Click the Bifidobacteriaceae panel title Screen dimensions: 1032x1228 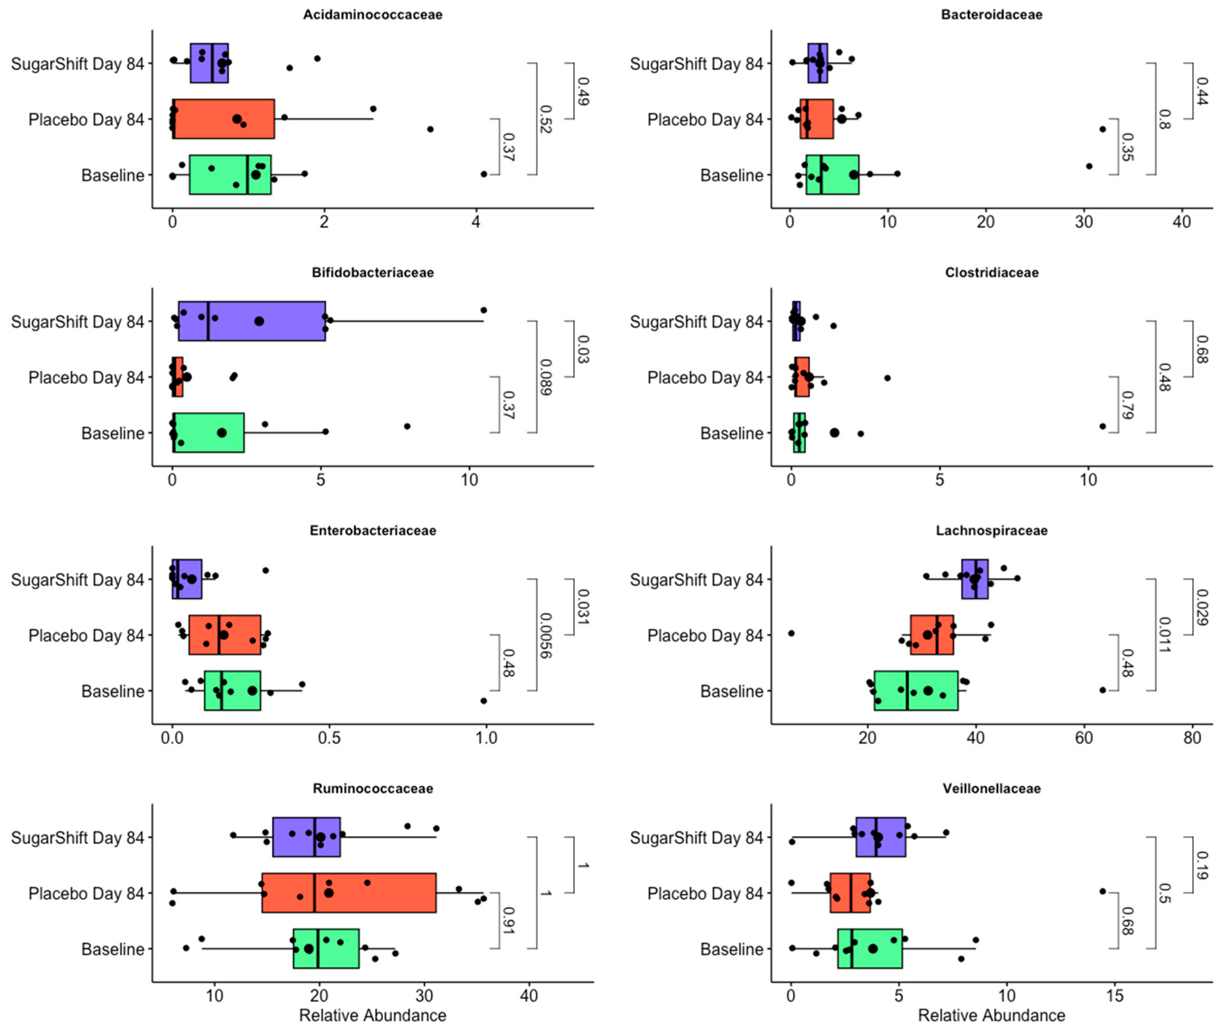(372, 273)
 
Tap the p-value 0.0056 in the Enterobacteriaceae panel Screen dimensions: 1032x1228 (545, 635)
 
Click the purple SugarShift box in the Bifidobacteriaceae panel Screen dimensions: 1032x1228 (251, 321)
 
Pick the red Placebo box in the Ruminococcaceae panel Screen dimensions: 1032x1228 (348, 893)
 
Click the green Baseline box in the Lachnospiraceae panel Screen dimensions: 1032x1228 (916, 691)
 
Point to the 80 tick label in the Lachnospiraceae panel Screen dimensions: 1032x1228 (1192, 738)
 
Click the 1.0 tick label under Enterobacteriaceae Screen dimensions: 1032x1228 (485, 738)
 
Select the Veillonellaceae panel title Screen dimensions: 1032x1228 (991, 789)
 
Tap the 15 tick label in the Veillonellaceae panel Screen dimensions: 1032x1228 (1115, 996)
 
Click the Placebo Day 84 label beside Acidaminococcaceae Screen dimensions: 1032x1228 (86, 119)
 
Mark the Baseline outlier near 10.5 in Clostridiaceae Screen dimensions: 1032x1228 (1102, 426)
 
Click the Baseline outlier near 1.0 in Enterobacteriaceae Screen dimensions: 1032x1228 (483, 701)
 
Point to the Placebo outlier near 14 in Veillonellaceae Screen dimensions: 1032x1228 (1102, 892)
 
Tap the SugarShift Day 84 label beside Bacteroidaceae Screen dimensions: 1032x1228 (697, 64)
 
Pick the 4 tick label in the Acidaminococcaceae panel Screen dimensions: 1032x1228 (476, 222)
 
